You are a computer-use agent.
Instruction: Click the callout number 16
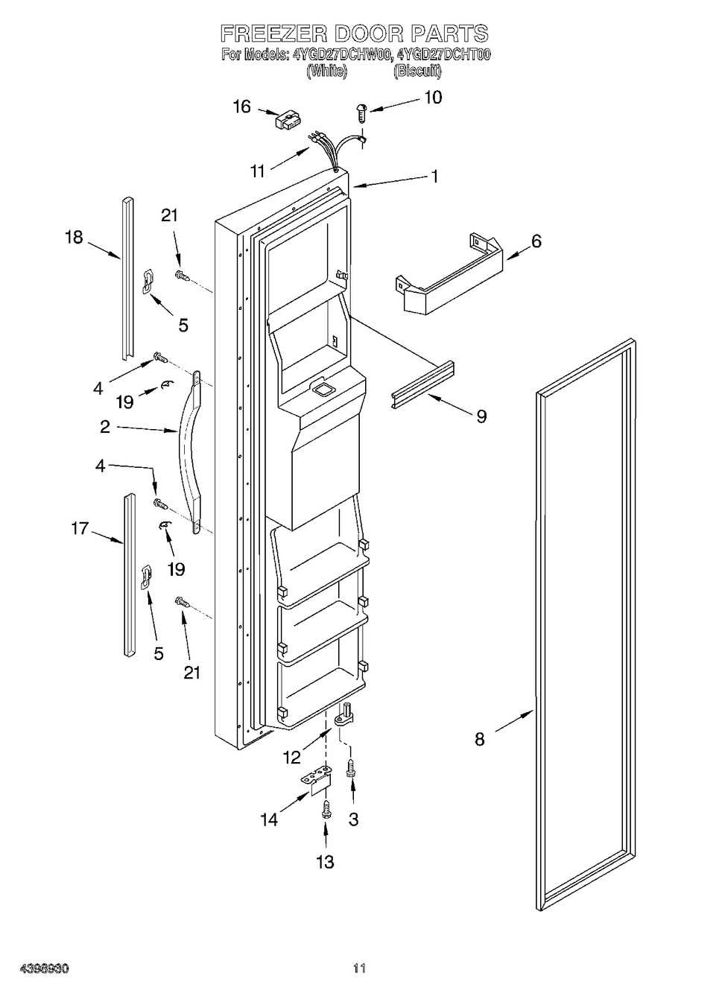click(242, 107)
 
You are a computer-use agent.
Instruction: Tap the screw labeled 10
click(361, 112)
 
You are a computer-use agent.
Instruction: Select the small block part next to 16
click(288, 121)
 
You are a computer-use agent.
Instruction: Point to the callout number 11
click(258, 171)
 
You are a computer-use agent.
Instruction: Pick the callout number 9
click(482, 416)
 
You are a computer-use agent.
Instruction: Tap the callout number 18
click(75, 238)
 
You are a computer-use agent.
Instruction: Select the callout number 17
click(80, 528)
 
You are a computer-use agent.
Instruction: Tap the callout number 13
click(326, 862)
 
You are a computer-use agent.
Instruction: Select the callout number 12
click(292, 758)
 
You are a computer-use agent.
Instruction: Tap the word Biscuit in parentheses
click(417, 71)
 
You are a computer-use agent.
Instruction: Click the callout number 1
click(435, 176)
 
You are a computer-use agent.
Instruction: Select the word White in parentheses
click(327, 71)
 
